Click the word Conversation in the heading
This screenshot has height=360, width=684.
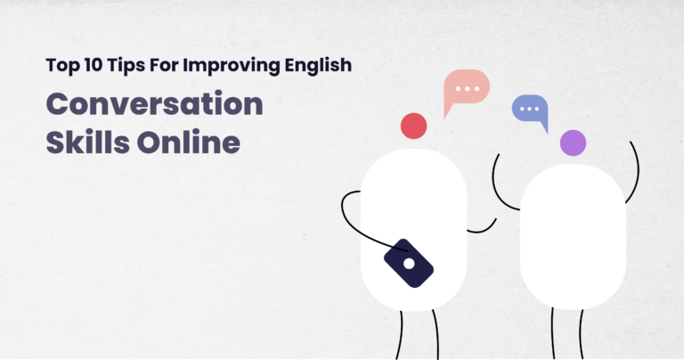[155, 106]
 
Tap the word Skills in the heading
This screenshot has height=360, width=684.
[81, 143]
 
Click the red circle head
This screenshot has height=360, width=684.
[414, 126]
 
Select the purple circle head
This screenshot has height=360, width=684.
[573, 143]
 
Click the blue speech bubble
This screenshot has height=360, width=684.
[528, 109]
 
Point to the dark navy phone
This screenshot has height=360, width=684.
[408, 263]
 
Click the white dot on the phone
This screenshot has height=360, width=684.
[409, 264]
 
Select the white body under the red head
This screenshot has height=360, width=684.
[414, 214]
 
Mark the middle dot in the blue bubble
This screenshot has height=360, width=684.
[527, 108]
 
